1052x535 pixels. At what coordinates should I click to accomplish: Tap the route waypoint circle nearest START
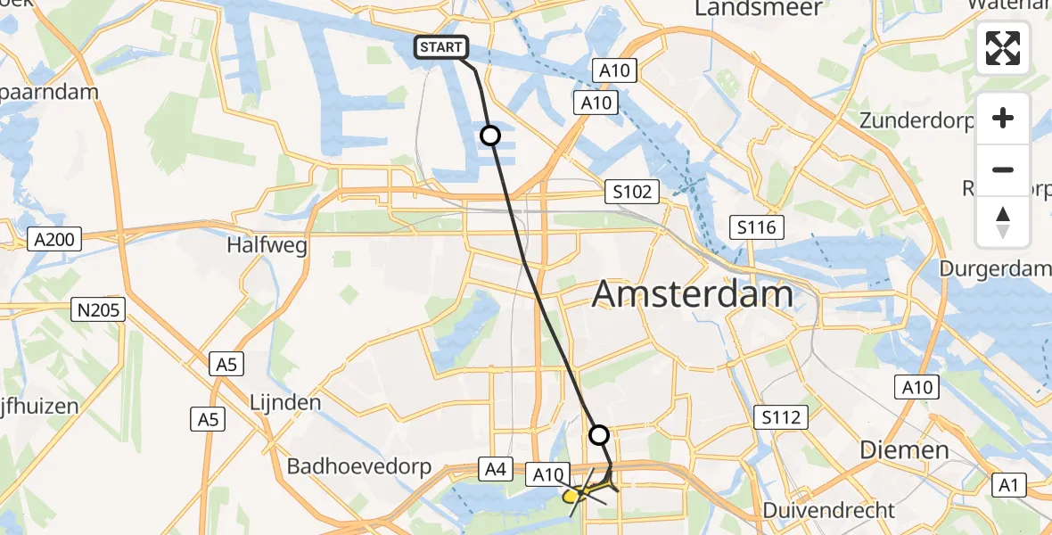(x=490, y=136)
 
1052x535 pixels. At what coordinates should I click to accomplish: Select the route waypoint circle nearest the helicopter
(x=599, y=435)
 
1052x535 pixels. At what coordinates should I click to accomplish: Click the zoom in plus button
(x=1003, y=119)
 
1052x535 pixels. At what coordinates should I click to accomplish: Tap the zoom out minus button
(x=1003, y=169)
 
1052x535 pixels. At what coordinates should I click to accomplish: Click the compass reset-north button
(x=1003, y=221)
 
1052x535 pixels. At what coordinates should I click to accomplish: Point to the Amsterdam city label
(x=692, y=293)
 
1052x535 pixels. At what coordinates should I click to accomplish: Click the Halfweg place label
(x=267, y=244)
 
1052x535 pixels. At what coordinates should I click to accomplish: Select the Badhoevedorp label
(x=359, y=466)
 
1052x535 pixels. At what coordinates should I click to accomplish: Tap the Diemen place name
(x=904, y=450)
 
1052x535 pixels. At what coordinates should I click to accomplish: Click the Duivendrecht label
(x=828, y=510)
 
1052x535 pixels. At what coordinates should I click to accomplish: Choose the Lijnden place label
(x=285, y=402)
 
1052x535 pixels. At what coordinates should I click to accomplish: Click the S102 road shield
(x=632, y=191)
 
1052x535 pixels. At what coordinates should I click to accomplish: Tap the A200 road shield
(x=54, y=239)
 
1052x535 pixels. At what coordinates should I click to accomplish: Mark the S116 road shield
(x=757, y=227)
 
